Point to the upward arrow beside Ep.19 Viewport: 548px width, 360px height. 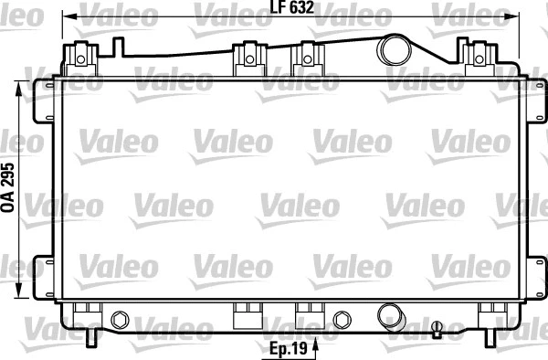point(316,345)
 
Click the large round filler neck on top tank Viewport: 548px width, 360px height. point(395,48)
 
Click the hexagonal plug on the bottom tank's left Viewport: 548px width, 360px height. point(119,319)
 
